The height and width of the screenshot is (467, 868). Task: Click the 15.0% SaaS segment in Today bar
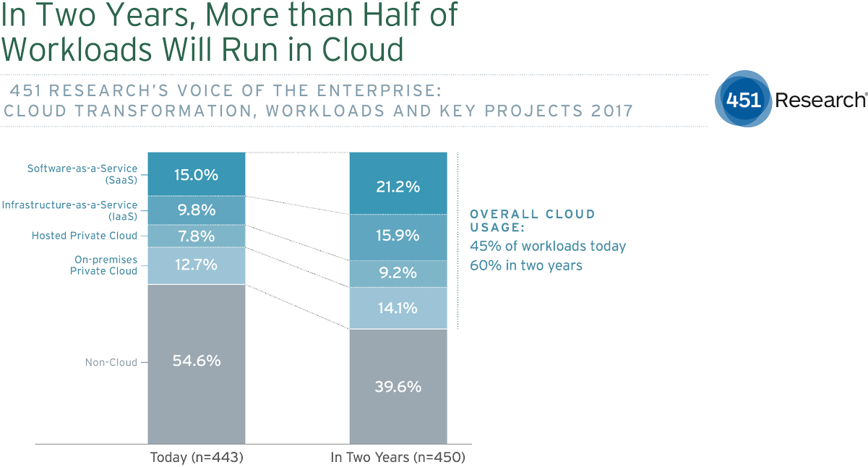pyautogui.click(x=196, y=174)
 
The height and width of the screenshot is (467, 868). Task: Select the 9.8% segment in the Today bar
pyautogui.click(x=196, y=210)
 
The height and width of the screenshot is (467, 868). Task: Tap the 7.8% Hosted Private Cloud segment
pyautogui.click(x=196, y=236)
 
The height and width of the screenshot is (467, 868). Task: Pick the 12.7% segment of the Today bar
pyautogui.click(x=196, y=265)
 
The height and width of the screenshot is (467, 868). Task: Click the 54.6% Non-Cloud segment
pyautogui.click(x=196, y=361)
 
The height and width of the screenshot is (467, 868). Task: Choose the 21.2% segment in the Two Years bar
pyautogui.click(x=398, y=187)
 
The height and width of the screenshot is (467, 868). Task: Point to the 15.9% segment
pyautogui.click(x=398, y=236)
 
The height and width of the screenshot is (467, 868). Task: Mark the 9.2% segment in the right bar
pyautogui.click(x=398, y=273)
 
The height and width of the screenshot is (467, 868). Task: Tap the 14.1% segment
pyautogui.click(x=398, y=308)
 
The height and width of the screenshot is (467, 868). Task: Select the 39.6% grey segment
pyautogui.click(x=398, y=386)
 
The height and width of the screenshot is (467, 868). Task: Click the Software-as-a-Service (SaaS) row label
pyautogui.click(x=82, y=173)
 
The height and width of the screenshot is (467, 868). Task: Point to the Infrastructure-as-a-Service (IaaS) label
pyautogui.click(x=70, y=210)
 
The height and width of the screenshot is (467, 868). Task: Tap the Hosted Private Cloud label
pyautogui.click(x=85, y=236)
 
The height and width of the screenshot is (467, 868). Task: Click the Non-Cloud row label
pyautogui.click(x=110, y=362)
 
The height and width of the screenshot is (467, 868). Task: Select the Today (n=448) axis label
pyautogui.click(x=196, y=458)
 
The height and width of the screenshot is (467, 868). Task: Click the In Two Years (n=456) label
pyautogui.click(x=398, y=458)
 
